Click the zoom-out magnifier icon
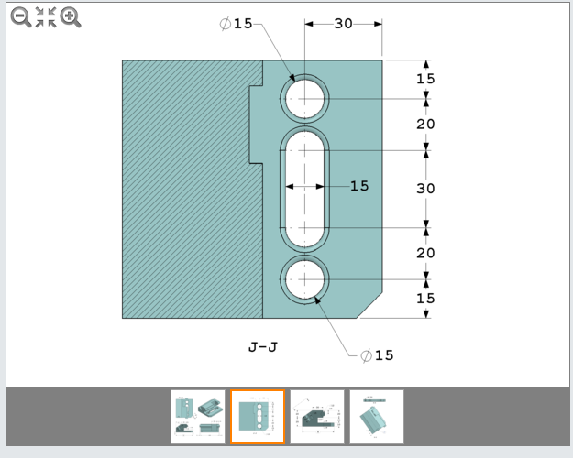pyautogui.click(x=20, y=16)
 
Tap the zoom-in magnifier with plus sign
pyautogui.click(x=71, y=16)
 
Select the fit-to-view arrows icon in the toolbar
pyautogui.click(x=46, y=16)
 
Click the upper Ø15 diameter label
pyautogui.click(x=237, y=24)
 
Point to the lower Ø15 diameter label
pyautogui.click(x=377, y=355)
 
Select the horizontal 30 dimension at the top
pyautogui.click(x=343, y=24)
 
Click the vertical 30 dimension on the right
pyautogui.click(x=425, y=188)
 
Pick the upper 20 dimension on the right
pyautogui.click(x=425, y=124)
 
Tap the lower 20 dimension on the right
pyautogui.click(x=425, y=252)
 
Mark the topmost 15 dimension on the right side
pyautogui.click(x=425, y=79)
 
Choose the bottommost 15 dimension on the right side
pyautogui.click(x=425, y=298)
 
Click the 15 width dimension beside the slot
pyautogui.click(x=359, y=186)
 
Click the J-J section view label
pyautogui.click(x=263, y=347)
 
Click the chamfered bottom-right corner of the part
pyautogui.click(x=370, y=306)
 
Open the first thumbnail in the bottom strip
pyautogui.click(x=198, y=417)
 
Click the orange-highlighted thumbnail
pyautogui.click(x=258, y=417)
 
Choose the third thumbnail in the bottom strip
pyautogui.click(x=317, y=417)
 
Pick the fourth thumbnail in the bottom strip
pyautogui.click(x=377, y=417)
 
